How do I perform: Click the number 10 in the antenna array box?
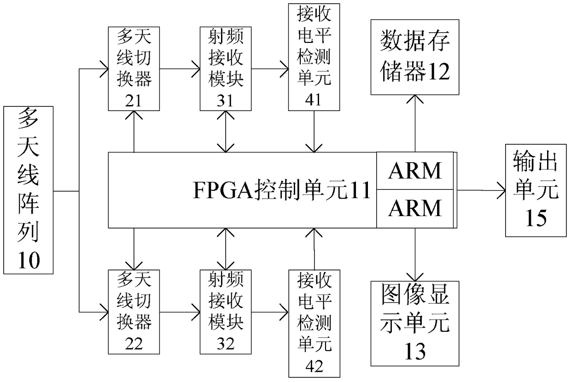(x=29, y=260)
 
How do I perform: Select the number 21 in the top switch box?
(x=134, y=100)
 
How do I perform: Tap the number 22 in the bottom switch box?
(x=134, y=344)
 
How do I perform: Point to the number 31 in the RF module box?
(x=225, y=100)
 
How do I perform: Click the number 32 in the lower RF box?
(x=226, y=344)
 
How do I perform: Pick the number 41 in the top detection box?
(x=313, y=100)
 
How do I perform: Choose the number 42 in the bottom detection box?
(x=315, y=366)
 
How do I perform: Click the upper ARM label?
(x=415, y=170)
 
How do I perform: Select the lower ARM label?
(x=415, y=208)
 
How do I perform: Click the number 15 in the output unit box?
(x=536, y=218)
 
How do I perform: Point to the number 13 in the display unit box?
(x=415, y=351)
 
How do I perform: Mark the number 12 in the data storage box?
(x=437, y=72)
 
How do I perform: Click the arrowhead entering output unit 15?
(x=501, y=190)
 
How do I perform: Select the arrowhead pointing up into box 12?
(x=415, y=99)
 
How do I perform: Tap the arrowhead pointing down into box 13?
(x=415, y=277)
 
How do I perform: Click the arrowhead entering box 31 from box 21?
(x=196, y=69)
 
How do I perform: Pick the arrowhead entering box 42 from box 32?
(x=284, y=312)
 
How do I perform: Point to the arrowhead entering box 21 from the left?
(x=104, y=69)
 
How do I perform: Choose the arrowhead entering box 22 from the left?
(x=104, y=312)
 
